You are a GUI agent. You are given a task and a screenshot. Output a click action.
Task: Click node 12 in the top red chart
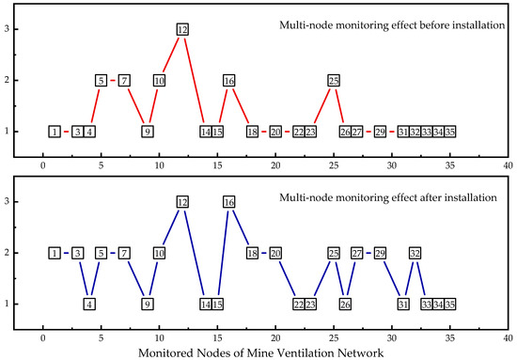pyautogui.click(x=182, y=29)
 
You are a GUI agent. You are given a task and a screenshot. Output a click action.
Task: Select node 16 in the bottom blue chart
pyautogui.click(x=228, y=201)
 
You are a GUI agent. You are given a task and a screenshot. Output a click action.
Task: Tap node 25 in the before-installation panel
pyautogui.click(x=334, y=80)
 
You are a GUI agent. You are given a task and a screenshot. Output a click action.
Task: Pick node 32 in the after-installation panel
pyautogui.click(x=415, y=253)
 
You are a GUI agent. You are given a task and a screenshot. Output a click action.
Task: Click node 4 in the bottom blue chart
pyautogui.click(x=89, y=304)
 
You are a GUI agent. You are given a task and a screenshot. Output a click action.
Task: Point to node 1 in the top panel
pyautogui.click(x=55, y=131)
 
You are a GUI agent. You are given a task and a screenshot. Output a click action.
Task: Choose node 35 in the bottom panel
pyautogui.click(x=450, y=304)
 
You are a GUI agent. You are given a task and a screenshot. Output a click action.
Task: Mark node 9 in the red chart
pyautogui.click(x=148, y=131)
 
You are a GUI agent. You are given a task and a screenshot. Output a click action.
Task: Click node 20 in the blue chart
pyautogui.click(x=275, y=253)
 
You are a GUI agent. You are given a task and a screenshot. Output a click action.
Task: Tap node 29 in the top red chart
pyautogui.click(x=380, y=131)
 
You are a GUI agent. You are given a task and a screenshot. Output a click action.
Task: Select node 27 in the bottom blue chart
pyautogui.click(x=357, y=253)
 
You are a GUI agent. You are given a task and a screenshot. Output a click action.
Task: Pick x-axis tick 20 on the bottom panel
pyautogui.click(x=275, y=333)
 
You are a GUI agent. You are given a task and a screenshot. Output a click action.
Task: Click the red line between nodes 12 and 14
pyautogui.click(x=194, y=80)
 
